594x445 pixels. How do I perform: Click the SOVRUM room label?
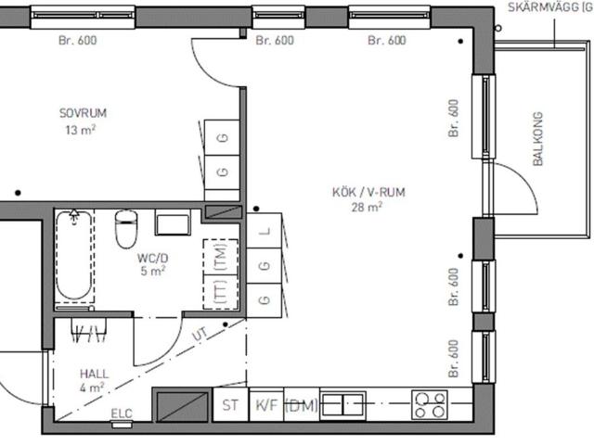83,113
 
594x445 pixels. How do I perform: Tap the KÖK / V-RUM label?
368,192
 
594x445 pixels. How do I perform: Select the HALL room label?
95,374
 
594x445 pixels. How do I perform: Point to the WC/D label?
152,258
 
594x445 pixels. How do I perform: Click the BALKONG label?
537,139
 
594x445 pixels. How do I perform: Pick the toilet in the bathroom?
126,229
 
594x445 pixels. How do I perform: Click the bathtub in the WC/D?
74,256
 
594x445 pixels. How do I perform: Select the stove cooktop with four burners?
430,405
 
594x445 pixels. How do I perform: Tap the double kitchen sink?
343,405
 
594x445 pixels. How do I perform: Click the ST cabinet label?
230,405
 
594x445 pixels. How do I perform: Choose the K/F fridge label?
267,405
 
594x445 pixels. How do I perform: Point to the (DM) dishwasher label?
301,406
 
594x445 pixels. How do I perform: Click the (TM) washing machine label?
221,256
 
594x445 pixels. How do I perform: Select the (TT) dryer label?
221,291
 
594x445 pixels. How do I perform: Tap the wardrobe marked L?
265,231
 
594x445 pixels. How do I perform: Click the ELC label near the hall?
122,413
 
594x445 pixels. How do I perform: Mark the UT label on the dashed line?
200,334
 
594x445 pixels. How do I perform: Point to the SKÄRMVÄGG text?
550,6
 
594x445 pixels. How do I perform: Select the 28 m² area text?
367,207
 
